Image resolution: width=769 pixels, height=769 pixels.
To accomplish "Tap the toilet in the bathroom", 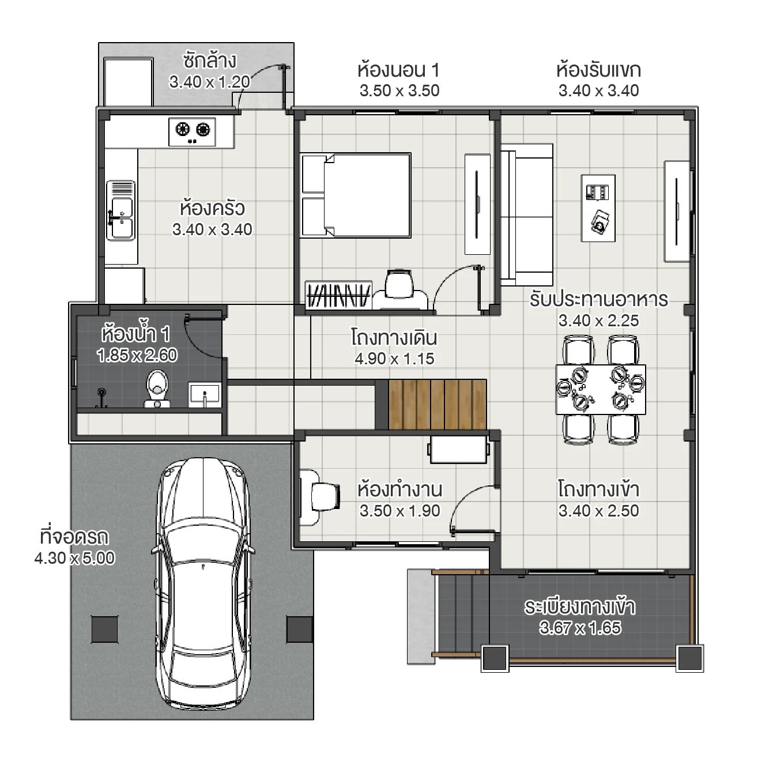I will tap(156, 388).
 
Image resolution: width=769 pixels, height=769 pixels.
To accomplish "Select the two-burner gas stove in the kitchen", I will tap(192, 131).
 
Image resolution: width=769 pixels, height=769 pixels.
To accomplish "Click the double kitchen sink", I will tap(121, 211).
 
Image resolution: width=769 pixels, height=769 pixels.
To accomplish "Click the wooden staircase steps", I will tap(437, 404).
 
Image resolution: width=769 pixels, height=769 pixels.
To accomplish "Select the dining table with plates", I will tap(600, 389).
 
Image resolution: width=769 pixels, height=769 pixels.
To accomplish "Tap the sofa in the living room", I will tap(526, 214).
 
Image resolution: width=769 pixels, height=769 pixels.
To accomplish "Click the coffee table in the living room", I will tap(598, 208).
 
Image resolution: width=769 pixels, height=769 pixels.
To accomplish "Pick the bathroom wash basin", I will tap(204, 395).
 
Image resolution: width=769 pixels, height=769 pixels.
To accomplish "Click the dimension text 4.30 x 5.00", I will tap(74, 558).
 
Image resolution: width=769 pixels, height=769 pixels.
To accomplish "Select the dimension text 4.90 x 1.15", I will tap(394, 359).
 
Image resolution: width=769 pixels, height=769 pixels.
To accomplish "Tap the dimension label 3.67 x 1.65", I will tap(580, 628).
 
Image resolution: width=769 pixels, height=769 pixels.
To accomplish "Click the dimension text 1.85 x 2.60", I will tap(137, 355).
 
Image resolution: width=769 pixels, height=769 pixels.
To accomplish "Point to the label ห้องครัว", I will tap(212, 208).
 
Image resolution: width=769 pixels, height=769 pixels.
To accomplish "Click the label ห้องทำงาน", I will tap(399, 489).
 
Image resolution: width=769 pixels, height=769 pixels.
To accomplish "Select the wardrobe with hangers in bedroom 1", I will tap(338, 295).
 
